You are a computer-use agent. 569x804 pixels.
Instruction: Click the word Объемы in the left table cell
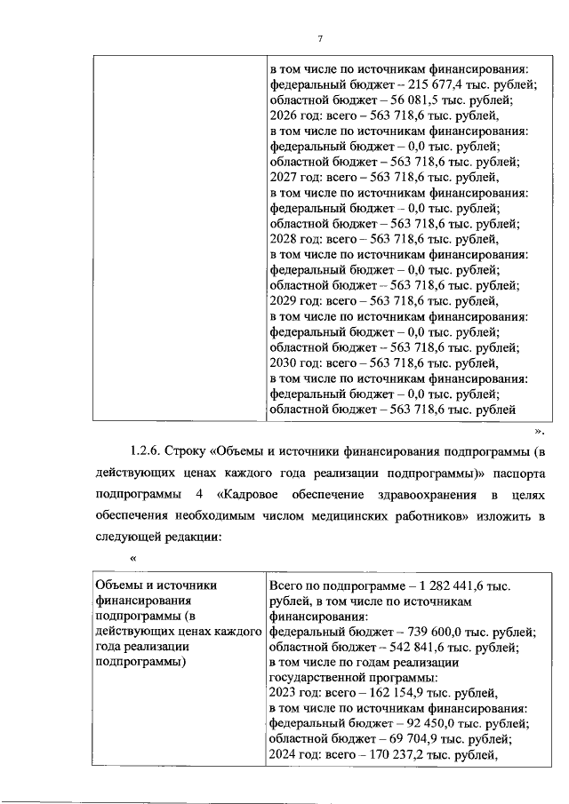(118, 585)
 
